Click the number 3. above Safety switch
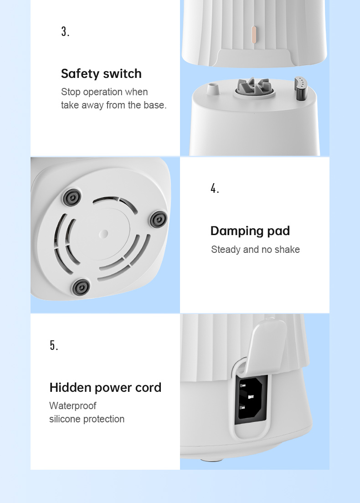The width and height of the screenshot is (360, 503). click(65, 31)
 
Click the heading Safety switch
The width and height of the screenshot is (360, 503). click(101, 73)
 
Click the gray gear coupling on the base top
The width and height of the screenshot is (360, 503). click(254, 86)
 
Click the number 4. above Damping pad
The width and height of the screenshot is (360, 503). click(215, 188)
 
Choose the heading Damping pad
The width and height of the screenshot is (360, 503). click(250, 231)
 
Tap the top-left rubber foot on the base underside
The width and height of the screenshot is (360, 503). click(72, 197)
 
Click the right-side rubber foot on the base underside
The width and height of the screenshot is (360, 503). click(159, 220)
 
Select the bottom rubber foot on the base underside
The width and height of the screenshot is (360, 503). click(81, 287)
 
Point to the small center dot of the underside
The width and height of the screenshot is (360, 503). click(103, 233)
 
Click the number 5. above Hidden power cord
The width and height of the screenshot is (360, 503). click(54, 345)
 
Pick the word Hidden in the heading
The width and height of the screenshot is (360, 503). click(71, 388)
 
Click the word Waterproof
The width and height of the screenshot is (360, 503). click(73, 406)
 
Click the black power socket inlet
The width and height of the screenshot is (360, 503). click(252, 398)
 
